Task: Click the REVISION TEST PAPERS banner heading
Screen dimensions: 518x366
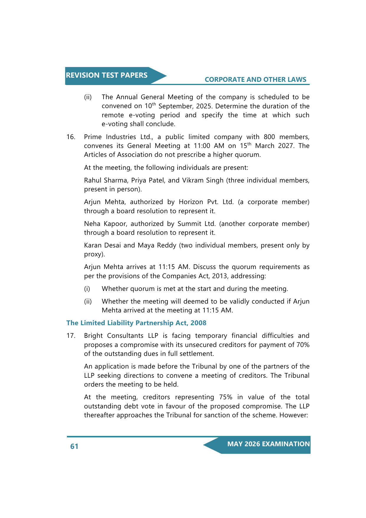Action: [x=106, y=75]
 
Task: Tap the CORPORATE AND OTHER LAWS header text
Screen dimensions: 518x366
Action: [x=255, y=79]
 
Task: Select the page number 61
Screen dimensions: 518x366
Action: [x=74, y=446]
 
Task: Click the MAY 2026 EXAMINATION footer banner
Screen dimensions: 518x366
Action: [x=268, y=444]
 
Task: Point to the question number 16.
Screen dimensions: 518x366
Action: [x=71, y=137]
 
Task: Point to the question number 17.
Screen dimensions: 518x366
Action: [x=71, y=336]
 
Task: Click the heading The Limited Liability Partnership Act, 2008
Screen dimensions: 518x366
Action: [x=136, y=323]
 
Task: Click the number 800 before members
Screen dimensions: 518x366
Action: [x=269, y=137]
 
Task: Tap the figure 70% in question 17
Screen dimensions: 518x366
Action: [x=303, y=345]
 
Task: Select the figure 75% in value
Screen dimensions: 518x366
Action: [x=226, y=397]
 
